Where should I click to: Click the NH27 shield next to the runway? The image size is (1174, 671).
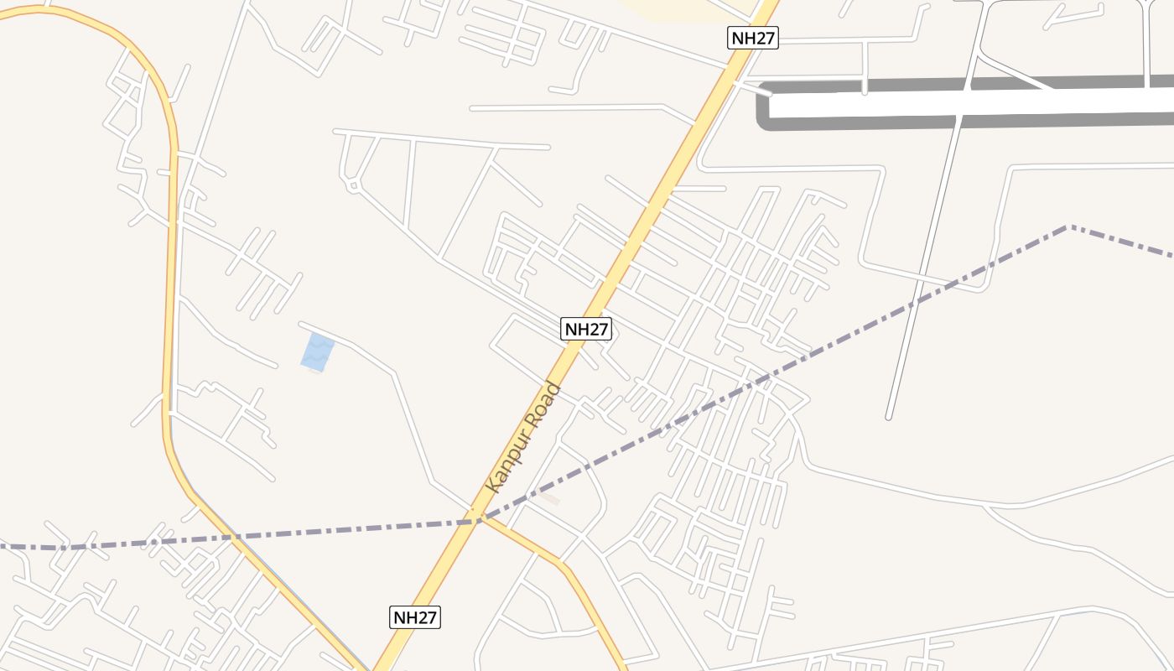[753, 38]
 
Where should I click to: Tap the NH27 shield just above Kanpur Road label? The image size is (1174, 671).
[586, 330]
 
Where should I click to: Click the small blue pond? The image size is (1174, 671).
[317, 351]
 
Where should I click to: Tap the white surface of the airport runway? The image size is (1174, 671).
[964, 103]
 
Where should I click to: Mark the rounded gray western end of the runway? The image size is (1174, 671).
[763, 107]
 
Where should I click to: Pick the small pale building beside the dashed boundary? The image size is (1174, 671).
[549, 499]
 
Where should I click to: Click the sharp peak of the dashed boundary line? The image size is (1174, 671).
[1068, 226]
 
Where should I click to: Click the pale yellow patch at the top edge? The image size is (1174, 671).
[688, 8]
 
